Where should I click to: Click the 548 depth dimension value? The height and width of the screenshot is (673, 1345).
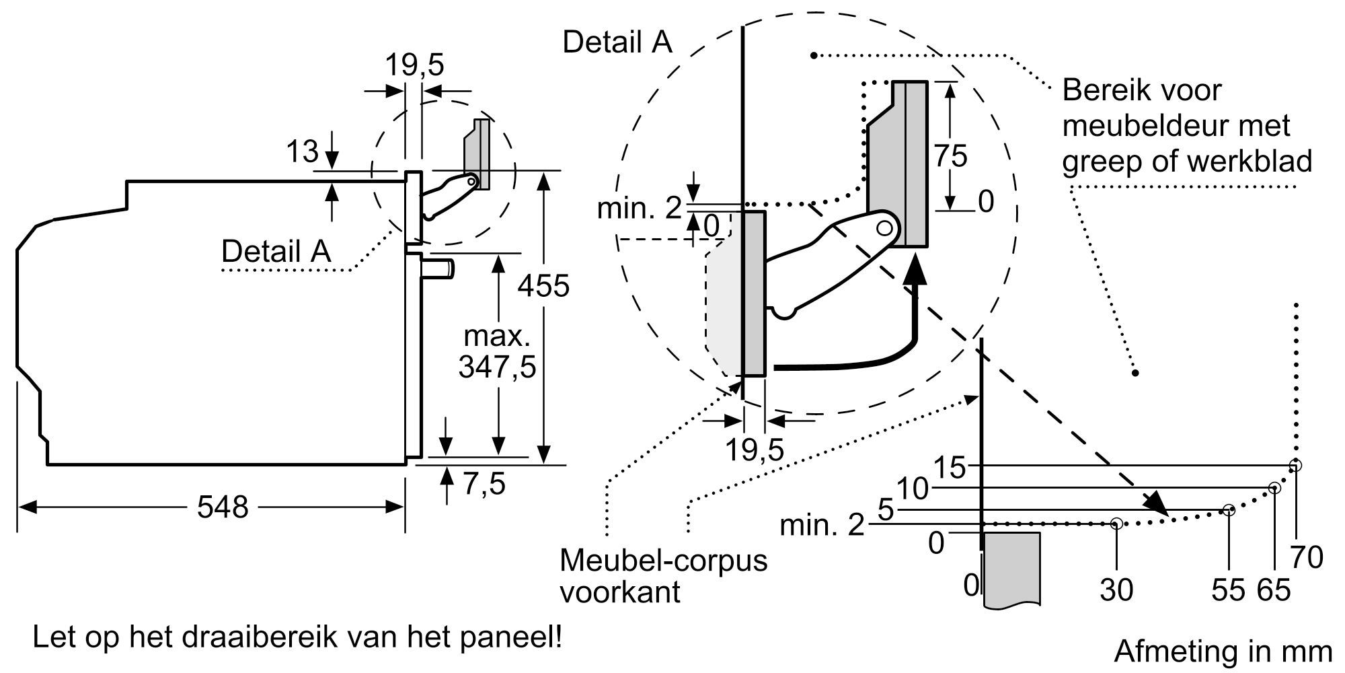click(223, 507)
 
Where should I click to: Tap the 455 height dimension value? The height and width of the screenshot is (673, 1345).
click(543, 286)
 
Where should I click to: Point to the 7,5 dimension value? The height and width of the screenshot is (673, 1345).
click(484, 483)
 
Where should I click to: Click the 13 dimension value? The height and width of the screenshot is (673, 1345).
click(302, 152)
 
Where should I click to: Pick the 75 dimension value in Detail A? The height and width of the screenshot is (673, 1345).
click(951, 156)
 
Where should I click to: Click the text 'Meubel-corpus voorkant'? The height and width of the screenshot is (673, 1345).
click(663, 576)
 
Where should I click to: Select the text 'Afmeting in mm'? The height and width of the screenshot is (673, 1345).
click(1223, 651)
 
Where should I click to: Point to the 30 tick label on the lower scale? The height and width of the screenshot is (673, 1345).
click(1116, 590)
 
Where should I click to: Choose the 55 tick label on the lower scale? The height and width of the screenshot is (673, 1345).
click(1229, 590)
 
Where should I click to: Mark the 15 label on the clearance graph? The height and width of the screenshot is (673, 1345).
click(950, 467)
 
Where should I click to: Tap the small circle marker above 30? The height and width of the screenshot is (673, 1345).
click(1116, 523)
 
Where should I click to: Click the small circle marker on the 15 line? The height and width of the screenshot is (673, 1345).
click(1295, 465)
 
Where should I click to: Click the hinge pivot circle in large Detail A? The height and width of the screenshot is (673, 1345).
click(885, 228)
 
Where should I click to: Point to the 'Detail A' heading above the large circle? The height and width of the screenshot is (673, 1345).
click(617, 42)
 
